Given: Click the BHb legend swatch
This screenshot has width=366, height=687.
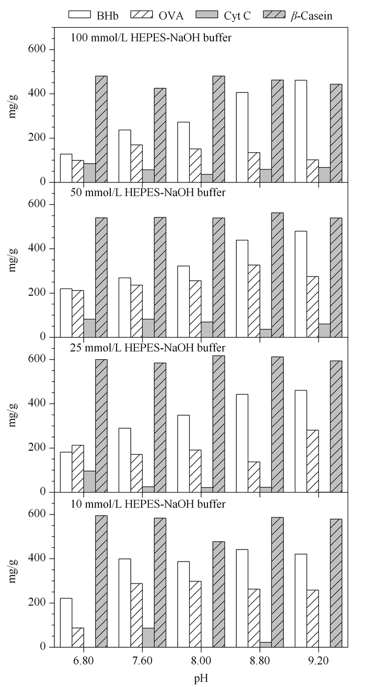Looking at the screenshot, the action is pyautogui.click(x=79, y=15).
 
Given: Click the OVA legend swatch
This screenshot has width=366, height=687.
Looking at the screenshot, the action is pyautogui.click(x=142, y=15).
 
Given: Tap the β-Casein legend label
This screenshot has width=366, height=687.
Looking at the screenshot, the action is pyautogui.click(x=312, y=15).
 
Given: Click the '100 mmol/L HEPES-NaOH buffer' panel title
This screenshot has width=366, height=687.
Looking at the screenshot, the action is pyautogui.click(x=151, y=38).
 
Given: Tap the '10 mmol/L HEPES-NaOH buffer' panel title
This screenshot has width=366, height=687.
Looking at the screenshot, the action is pyautogui.click(x=148, y=504).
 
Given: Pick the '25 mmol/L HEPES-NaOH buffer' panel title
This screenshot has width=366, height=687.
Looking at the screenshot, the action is pyautogui.click(x=148, y=348).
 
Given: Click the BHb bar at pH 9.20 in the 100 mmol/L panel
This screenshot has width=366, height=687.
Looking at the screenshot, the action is pyautogui.click(x=301, y=131).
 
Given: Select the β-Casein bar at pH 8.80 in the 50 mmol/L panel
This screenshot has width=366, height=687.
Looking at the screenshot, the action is pyautogui.click(x=277, y=275).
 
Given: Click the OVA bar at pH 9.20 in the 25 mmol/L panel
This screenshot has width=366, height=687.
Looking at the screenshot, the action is pyautogui.click(x=313, y=461).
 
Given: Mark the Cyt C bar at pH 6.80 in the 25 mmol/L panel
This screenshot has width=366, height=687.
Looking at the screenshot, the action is pyautogui.click(x=89, y=482).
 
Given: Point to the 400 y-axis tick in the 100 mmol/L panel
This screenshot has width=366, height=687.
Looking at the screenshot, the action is pyautogui.click(x=39, y=94).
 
